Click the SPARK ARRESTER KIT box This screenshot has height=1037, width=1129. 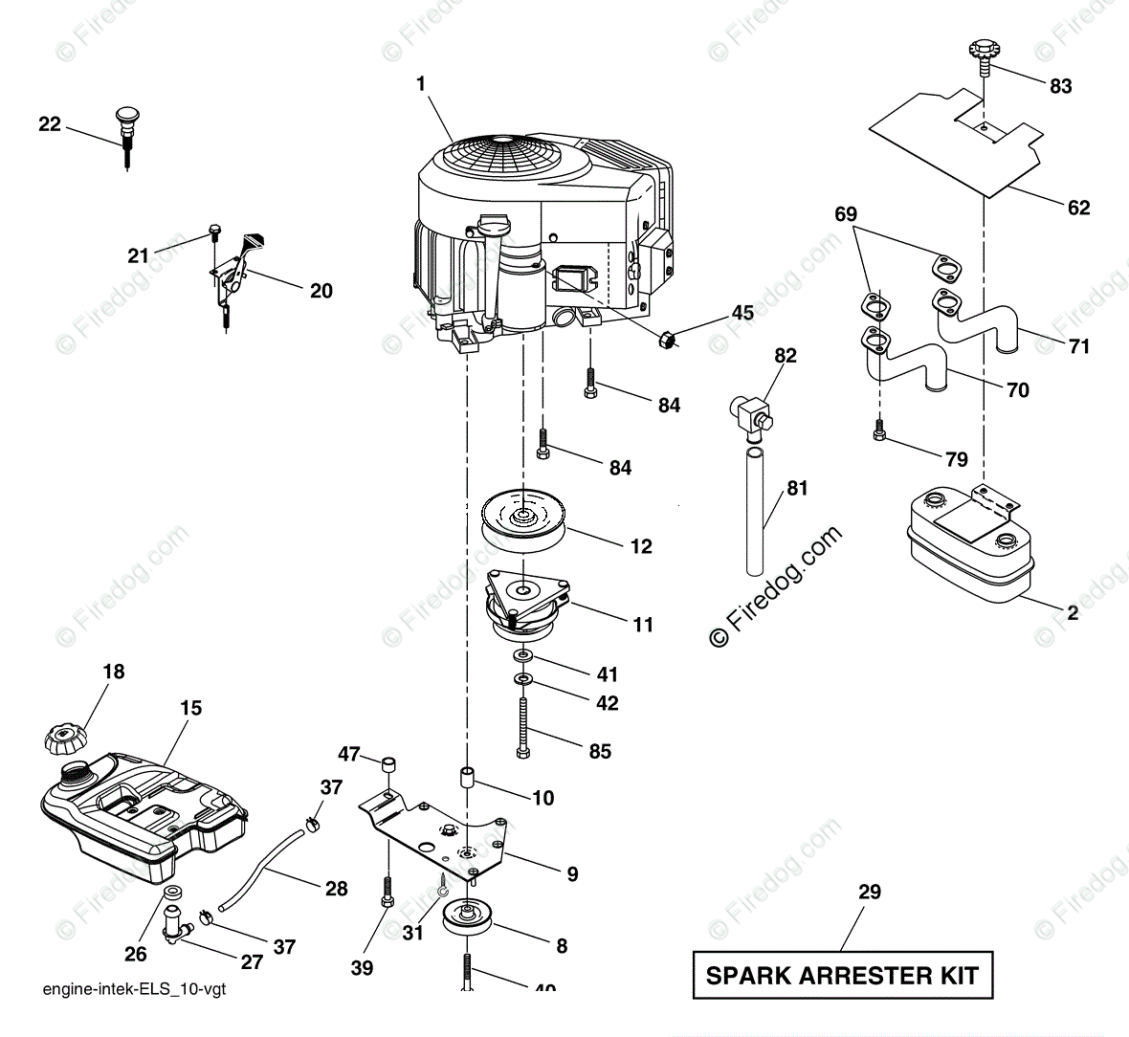coord(842,976)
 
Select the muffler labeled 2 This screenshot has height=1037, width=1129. coord(969,548)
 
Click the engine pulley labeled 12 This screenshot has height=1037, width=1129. coord(522,522)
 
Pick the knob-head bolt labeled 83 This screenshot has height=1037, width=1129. coord(983,52)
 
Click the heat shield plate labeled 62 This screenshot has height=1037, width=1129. coord(957,134)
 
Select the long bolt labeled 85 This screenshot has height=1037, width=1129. coord(524,727)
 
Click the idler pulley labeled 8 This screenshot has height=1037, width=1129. coord(468,922)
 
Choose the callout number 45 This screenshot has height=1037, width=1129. coord(742,313)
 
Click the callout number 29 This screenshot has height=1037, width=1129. coord(870,892)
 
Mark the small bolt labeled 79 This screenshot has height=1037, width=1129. coord(877,432)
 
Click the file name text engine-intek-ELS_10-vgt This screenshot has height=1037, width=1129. coord(134,990)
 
